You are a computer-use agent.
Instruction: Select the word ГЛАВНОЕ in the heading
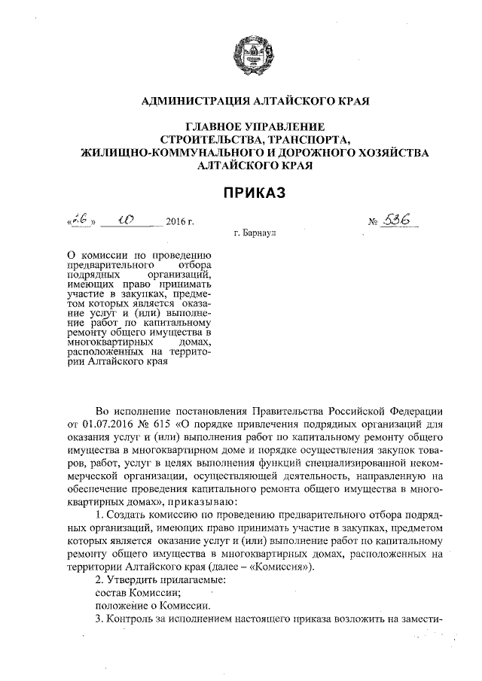click(212, 127)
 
